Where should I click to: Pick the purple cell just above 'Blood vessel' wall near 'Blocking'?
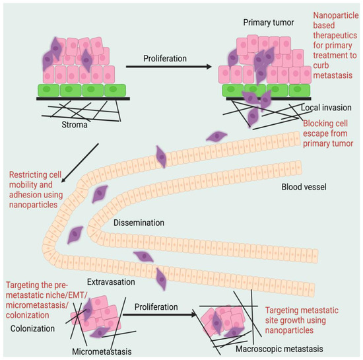pos(216,136)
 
